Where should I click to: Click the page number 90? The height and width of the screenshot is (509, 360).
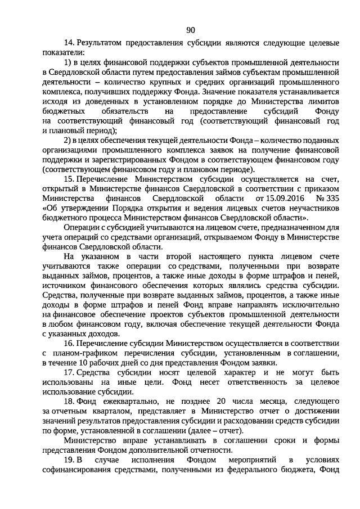(x=190, y=29)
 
